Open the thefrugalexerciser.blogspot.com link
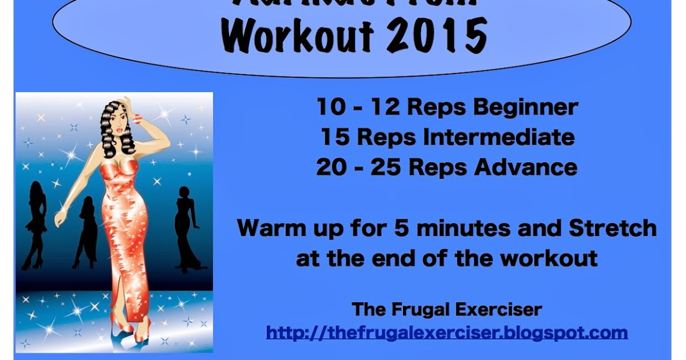tap(446, 332)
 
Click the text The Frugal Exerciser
tap(446, 310)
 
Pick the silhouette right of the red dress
tap(186, 229)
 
